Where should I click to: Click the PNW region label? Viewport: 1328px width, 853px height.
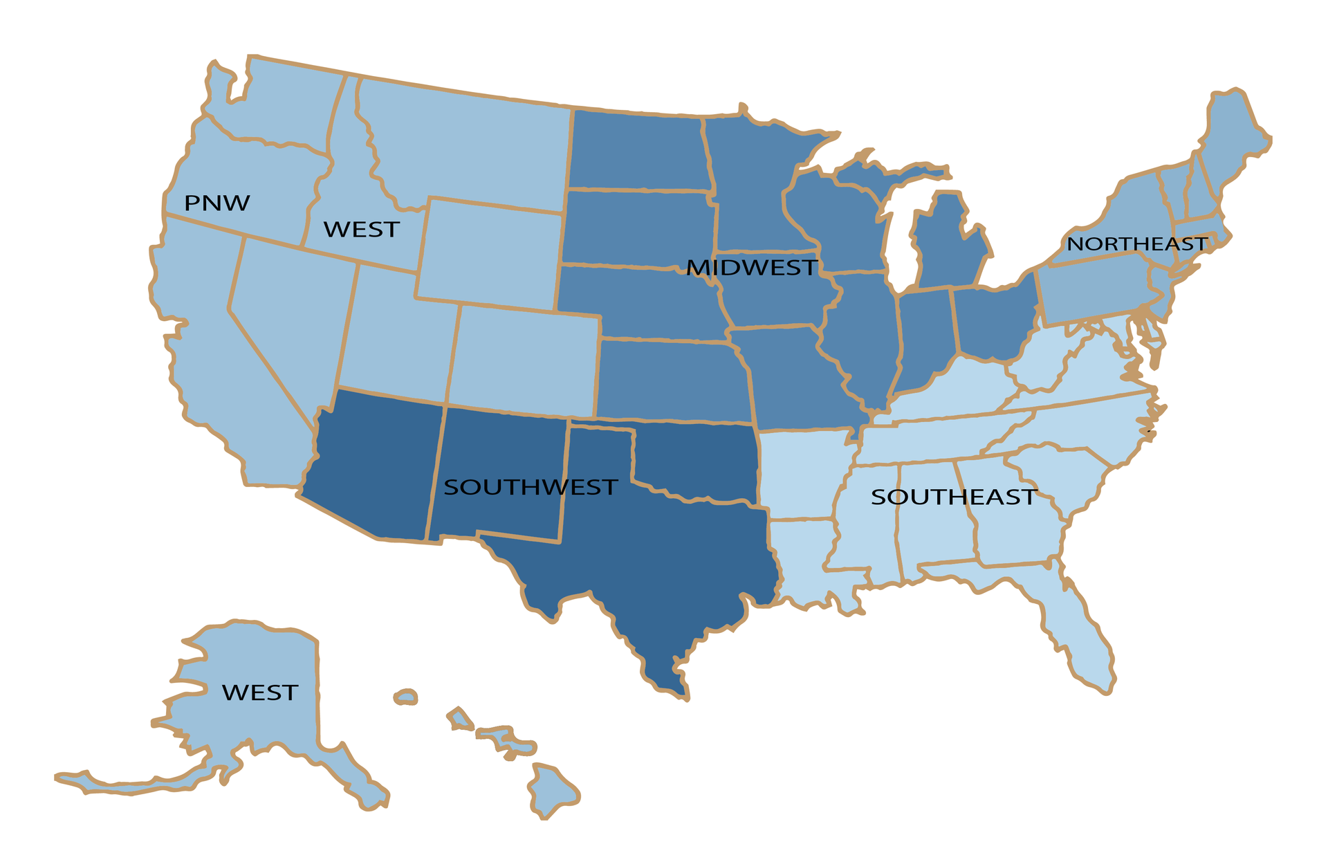click(216, 203)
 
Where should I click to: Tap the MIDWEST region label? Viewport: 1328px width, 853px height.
click(752, 268)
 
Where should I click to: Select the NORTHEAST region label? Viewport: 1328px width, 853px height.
click(1136, 244)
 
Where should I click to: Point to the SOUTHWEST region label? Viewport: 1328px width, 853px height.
click(530, 487)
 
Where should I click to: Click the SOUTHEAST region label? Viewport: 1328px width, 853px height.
click(953, 497)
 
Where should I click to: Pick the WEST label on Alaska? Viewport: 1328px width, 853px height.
click(259, 693)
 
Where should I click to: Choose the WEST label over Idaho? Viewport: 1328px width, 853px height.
click(361, 229)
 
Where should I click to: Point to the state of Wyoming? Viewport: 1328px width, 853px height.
click(490, 253)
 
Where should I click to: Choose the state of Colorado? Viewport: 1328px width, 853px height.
click(526, 360)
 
